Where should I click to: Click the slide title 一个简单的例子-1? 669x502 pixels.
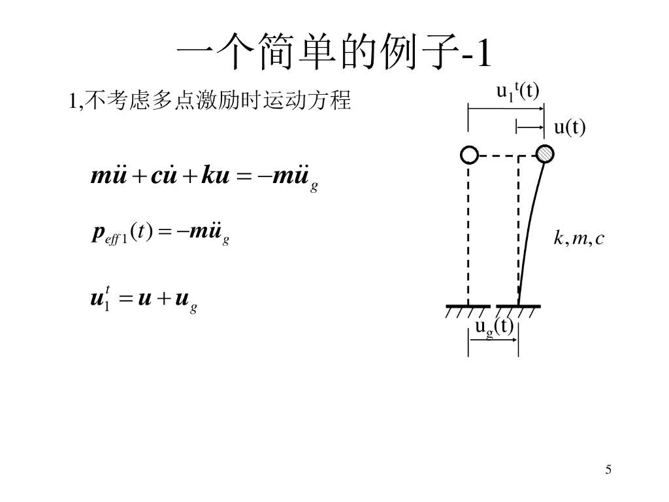pyautogui.click(x=334, y=53)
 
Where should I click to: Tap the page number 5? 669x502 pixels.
pyautogui.click(x=608, y=469)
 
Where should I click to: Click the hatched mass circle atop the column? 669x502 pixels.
pyautogui.click(x=544, y=154)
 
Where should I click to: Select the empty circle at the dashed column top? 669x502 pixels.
pyautogui.click(x=469, y=154)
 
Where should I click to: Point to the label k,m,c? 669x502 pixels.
pyautogui.click(x=579, y=239)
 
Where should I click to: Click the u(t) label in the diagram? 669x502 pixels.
pyautogui.click(x=570, y=127)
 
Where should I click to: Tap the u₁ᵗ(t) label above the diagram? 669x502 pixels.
pyautogui.click(x=517, y=92)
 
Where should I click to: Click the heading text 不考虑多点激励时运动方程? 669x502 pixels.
pyautogui.click(x=218, y=101)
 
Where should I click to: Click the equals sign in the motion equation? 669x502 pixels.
pyautogui.click(x=242, y=178)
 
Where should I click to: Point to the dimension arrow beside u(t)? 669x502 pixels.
pyautogui.click(x=530, y=127)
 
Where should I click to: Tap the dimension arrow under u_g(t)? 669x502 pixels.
pyautogui.click(x=493, y=339)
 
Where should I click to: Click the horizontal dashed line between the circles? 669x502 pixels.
pyautogui.click(x=500, y=156)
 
